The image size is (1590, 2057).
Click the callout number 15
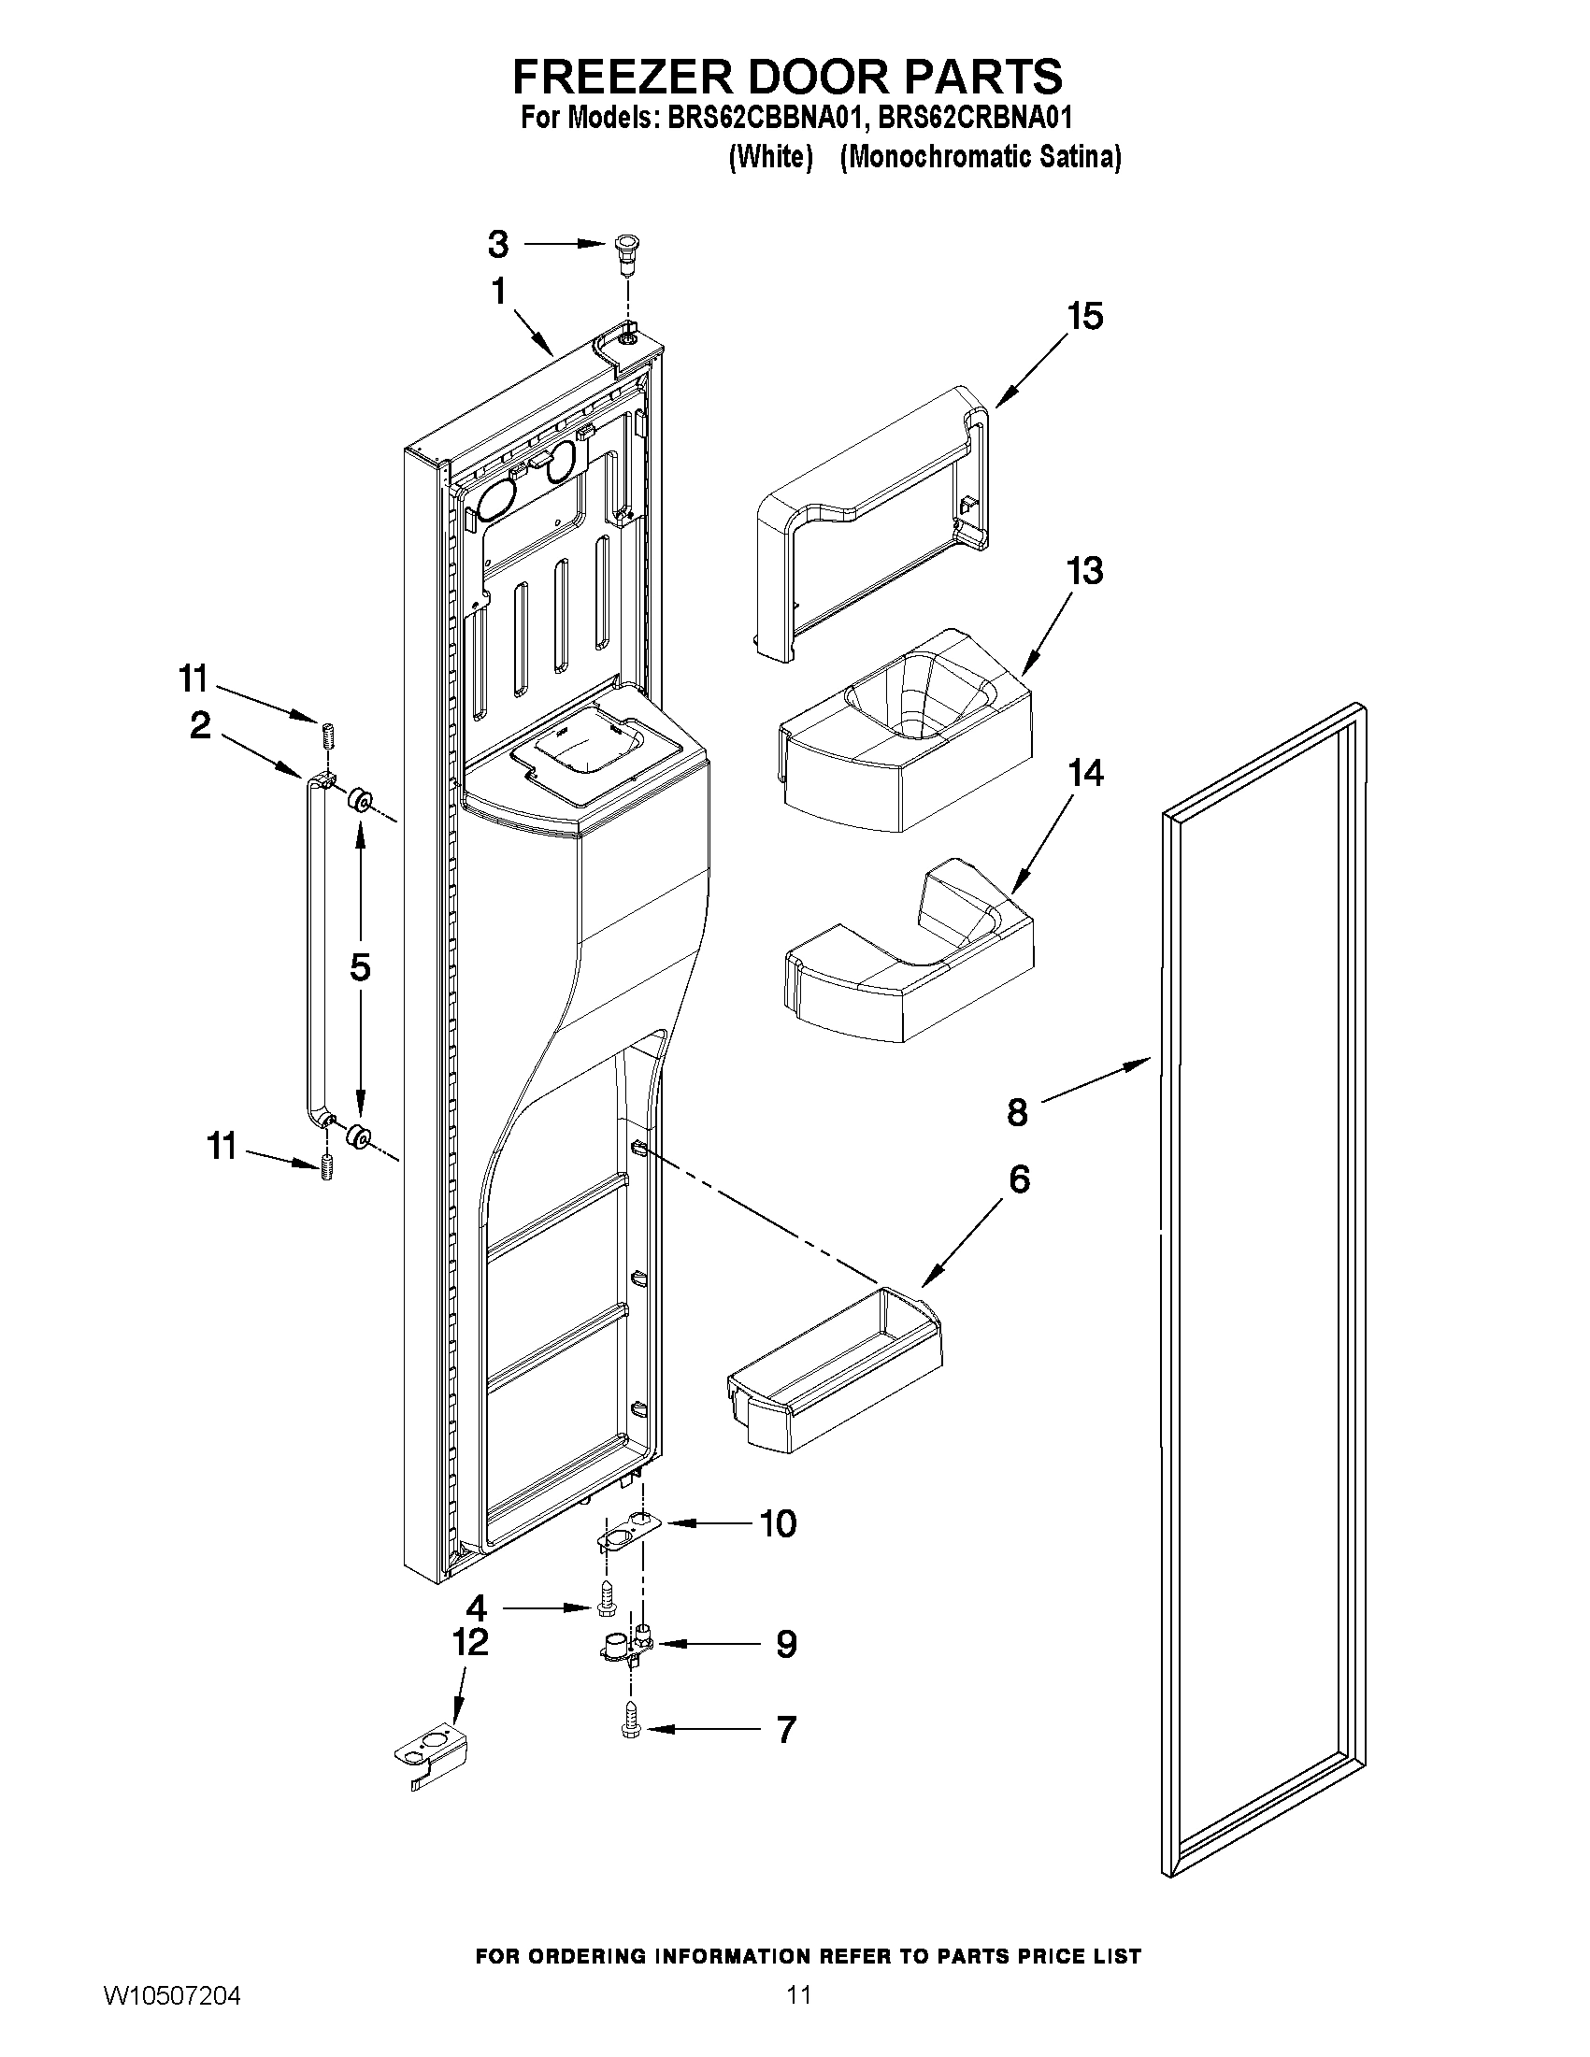1084,317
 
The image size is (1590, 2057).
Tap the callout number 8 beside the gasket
1017,1112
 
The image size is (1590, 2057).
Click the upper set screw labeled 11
329,734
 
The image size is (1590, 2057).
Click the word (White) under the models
770,156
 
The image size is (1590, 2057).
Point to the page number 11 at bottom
799,2014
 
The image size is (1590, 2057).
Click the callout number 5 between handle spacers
359,967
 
